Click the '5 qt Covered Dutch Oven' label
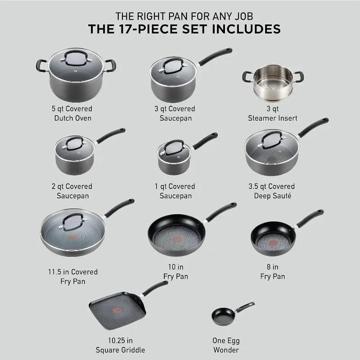tap(72, 113)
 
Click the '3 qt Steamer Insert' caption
tap(273, 113)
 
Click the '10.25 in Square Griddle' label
tap(120, 345)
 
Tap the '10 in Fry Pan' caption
tap(175, 272)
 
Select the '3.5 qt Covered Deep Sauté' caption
tap(273, 191)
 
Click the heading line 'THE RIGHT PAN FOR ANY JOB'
tap(184, 16)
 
